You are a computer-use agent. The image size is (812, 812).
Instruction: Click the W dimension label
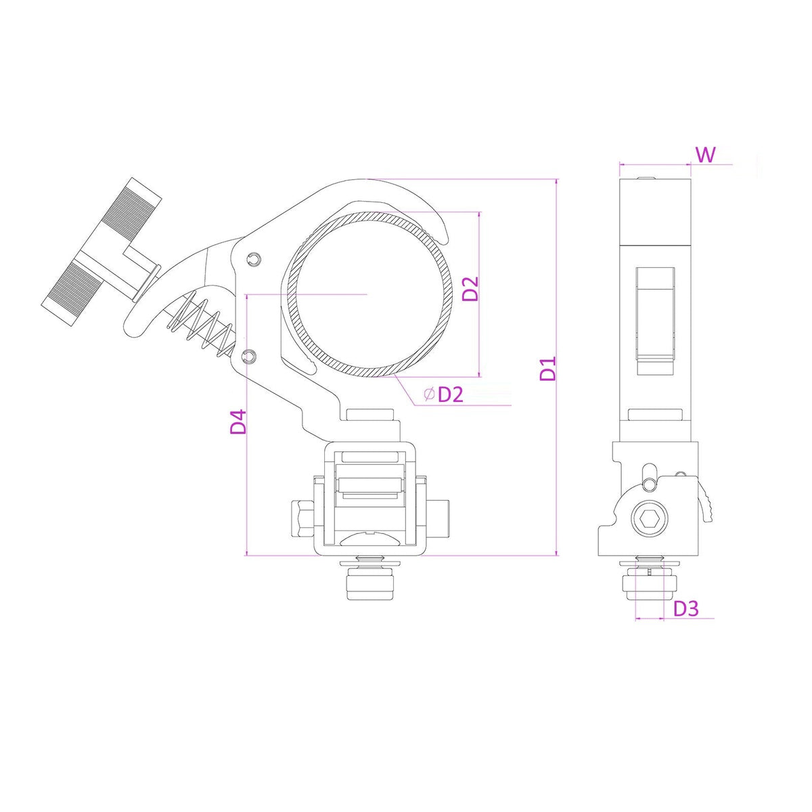click(705, 154)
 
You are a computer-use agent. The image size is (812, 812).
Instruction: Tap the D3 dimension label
click(685, 608)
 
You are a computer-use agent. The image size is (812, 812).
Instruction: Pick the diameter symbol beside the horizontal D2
click(428, 394)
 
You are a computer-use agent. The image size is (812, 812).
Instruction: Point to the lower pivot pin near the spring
click(249, 356)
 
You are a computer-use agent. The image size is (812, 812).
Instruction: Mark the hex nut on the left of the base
click(301, 518)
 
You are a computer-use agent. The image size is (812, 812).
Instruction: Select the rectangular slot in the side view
click(655, 313)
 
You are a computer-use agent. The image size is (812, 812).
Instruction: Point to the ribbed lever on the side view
click(707, 507)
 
